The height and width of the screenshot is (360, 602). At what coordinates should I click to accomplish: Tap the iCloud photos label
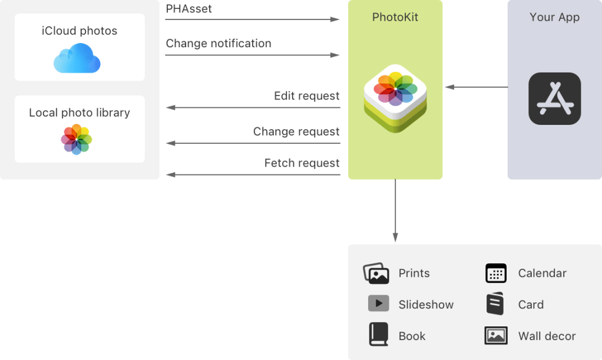[x=80, y=31]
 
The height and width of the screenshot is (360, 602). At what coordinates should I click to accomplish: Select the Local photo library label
[x=80, y=113]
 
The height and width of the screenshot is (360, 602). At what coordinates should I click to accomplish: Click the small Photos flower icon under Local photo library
[x=77, y=139]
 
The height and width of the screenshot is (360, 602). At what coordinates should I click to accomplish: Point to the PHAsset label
[x=188, y=9]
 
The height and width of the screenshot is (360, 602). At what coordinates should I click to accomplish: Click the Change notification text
[x=219, y=44]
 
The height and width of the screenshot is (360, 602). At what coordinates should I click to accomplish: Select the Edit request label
[x=306, y=95]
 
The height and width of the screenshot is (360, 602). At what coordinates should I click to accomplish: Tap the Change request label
[x=296, y=131]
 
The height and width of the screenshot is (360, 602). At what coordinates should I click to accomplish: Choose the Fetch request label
[x=302, y=163]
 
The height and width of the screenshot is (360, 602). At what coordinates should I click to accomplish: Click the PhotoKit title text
[x=395, y=17]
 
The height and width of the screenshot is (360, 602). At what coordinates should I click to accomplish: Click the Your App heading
[x=554, y=17]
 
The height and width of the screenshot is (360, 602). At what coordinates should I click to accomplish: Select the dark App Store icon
[x=554, y=98]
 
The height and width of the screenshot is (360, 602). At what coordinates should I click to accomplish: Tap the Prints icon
[x=376, y=273]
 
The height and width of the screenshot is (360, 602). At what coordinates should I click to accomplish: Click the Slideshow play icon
[x=378, y=303]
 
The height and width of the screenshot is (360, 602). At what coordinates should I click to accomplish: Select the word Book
[x=412, y=336]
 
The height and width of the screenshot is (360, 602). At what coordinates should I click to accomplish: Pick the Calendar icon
[x=496, y=273]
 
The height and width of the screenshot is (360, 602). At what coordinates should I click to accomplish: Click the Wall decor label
[x=547, y=336]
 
